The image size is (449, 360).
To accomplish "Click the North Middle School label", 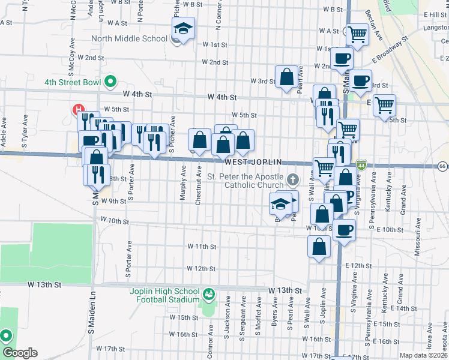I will pos(129,39).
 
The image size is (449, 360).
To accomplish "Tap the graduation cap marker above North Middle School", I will pos(183,28).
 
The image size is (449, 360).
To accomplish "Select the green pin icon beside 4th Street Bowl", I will pos(110,81).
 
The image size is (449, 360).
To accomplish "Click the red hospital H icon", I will pos(77,109).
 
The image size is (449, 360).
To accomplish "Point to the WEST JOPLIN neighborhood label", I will pos(251,163).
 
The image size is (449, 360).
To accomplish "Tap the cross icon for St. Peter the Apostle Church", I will pos(292,179).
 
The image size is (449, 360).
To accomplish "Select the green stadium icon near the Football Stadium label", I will pos(208,295).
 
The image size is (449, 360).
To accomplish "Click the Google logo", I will pos(20,353).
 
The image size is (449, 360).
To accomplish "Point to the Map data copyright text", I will pos(424,355).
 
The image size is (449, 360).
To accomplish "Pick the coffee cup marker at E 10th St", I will pos(344,229).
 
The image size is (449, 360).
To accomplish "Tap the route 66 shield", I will pos(442,166).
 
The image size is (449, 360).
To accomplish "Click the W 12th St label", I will pos(200,268).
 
